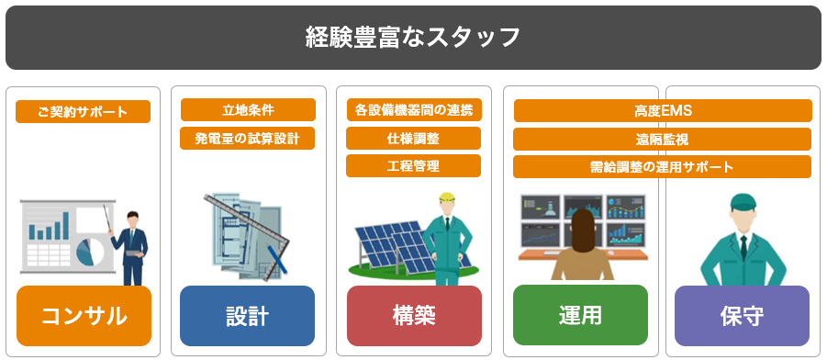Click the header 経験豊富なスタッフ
pos(413,38)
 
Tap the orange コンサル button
pos(84,316)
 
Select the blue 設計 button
pos(247,316)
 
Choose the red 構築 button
pos(414,316)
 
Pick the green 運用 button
pos(580,316)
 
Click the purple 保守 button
pos(742,316)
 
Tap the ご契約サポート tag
pos(84,112)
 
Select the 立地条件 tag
pos(248,110)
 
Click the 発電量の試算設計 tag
pos(248,138)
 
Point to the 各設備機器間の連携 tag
pos(414,110)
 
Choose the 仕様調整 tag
pos(414,139)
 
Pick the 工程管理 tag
pos(414,166)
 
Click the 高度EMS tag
pos(663,111)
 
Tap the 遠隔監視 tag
pos(663,140)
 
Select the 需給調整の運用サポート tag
pos(663,167)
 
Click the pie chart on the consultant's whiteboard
pos(92,249)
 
